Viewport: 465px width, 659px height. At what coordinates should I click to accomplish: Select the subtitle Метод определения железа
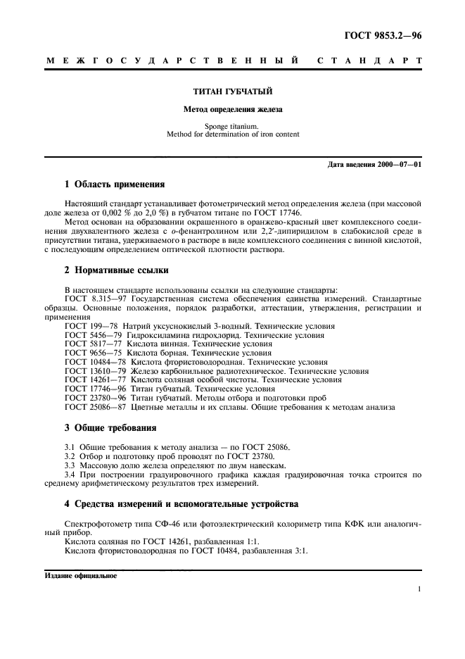[232, 110]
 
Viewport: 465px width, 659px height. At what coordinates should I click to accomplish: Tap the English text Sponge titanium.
[232, 126]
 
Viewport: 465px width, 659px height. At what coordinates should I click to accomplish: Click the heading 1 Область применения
[115, 184]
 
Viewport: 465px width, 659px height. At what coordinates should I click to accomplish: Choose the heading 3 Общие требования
[110, 427]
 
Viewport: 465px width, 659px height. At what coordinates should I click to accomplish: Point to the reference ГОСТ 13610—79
[94, 370]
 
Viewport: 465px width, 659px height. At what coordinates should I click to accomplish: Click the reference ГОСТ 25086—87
[94, 406]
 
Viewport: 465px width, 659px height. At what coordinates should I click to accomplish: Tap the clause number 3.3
[70, 465]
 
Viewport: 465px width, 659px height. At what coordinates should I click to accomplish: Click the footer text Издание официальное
[81, 575]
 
